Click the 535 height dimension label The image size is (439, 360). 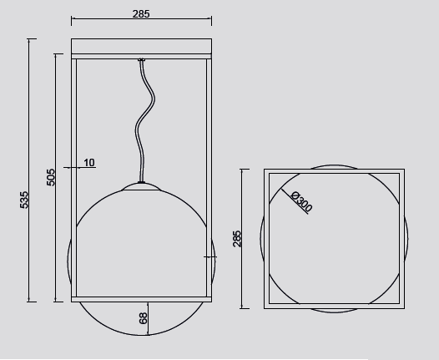tap(24, 200)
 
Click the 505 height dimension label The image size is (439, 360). tap(51, 177)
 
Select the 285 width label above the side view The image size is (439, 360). tap(141, 13)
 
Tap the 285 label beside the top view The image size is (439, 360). tap(236, 239)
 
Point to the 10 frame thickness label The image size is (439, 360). tap(89, 163)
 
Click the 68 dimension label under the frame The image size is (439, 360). tap(143, 318)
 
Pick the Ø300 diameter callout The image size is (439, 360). tap(302, 200)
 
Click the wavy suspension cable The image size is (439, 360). tap(144, 121)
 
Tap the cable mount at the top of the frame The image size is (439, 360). tap(142, 59)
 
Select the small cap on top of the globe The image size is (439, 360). tap(141, 186)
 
